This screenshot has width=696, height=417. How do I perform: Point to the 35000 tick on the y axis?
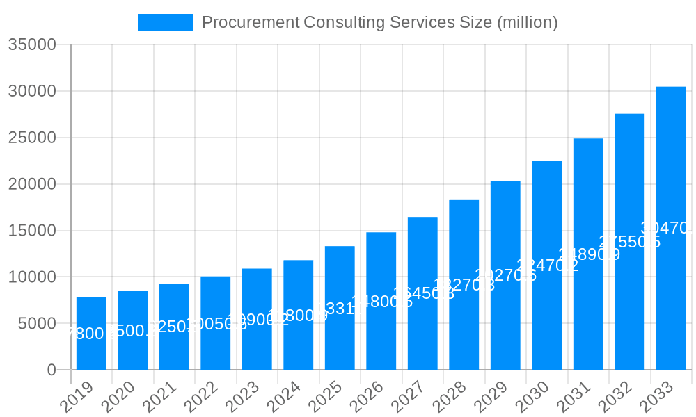tap(31, 45)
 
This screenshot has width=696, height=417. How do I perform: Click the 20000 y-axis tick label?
tap(31, 184)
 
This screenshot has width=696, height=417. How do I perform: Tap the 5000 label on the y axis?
tap(36, 324)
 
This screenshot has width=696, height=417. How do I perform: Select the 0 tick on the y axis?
tap(52, 370)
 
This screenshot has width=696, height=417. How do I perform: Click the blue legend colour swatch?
tap(166, 22)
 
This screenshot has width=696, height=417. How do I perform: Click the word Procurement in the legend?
tap(251, 22)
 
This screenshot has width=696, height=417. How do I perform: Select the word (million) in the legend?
tap(527, 22)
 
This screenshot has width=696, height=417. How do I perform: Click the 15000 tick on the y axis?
tap(31, 231)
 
